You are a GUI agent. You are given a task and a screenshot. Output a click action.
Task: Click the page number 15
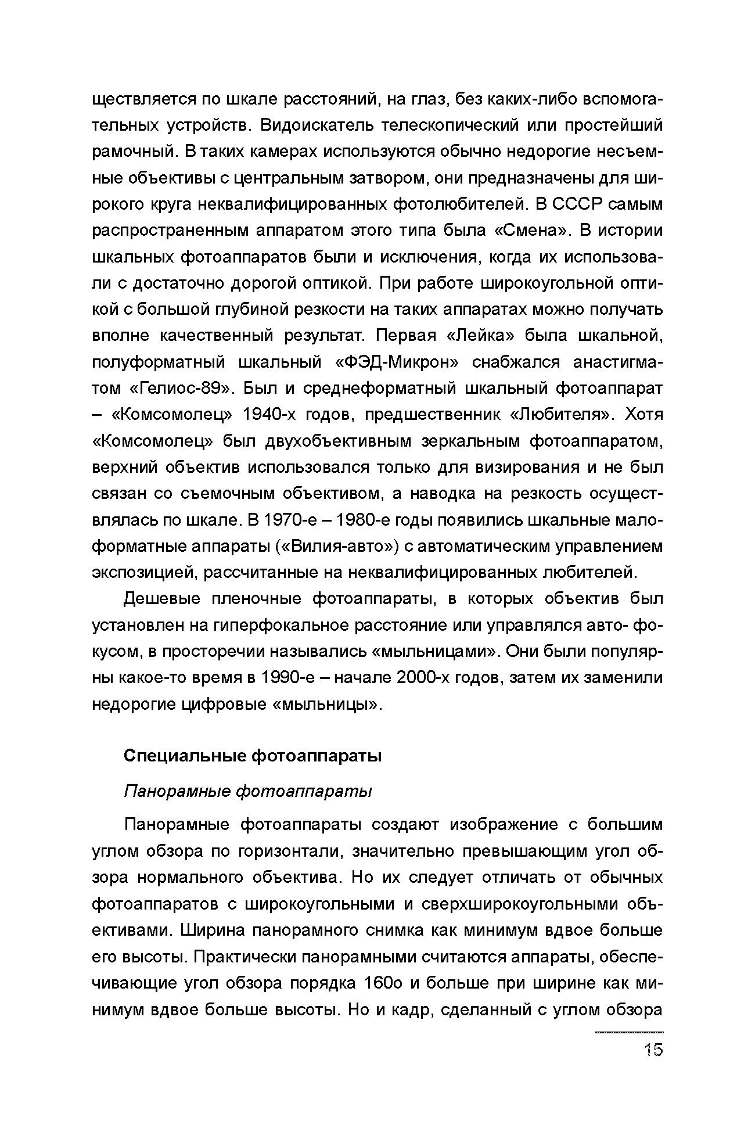click(x=653, y=1050)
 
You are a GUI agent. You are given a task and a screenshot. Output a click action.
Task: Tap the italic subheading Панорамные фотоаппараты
click(x=248, y=791)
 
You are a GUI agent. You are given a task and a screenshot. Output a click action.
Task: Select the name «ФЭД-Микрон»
click(x=397, y=362)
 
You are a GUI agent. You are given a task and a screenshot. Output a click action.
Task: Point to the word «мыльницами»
click(x=434, y=651)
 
